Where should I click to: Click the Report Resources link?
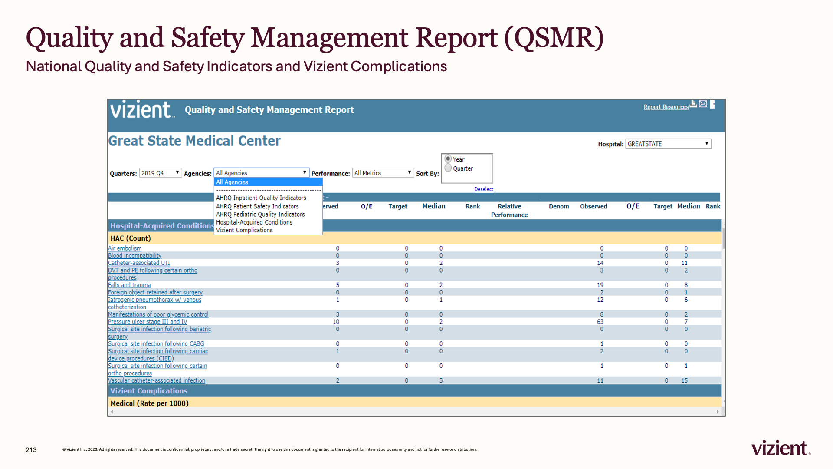(x=666, y=107)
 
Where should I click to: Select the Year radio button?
(x=448, y=159)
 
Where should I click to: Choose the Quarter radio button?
(x=448, y=168)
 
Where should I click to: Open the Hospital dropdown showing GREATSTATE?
(x=668, y=144)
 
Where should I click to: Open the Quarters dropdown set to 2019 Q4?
(x=160, y=173)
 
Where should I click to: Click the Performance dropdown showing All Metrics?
(x=383, y=173)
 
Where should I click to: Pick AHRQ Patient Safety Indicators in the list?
(x=257, y=206)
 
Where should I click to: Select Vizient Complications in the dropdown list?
(x=244, y=230)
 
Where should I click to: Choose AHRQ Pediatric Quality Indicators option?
(x=260, y=214)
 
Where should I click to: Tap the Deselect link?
(x=484, y=189)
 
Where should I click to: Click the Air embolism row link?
(x=125, y=248)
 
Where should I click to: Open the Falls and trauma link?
(x=129, y=285)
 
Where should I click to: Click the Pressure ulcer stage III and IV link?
(x=148, y=322)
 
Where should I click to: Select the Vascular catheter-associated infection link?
(x=157, y=380)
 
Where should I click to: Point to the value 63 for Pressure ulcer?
(x=600, y=322)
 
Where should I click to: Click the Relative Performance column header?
(x=509, y=211)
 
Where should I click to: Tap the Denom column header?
(x=559, y=206)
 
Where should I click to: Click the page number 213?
(x=31, y=450)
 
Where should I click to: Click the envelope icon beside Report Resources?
(x=703, y=104)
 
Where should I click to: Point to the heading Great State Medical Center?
(x=194, y=141)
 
